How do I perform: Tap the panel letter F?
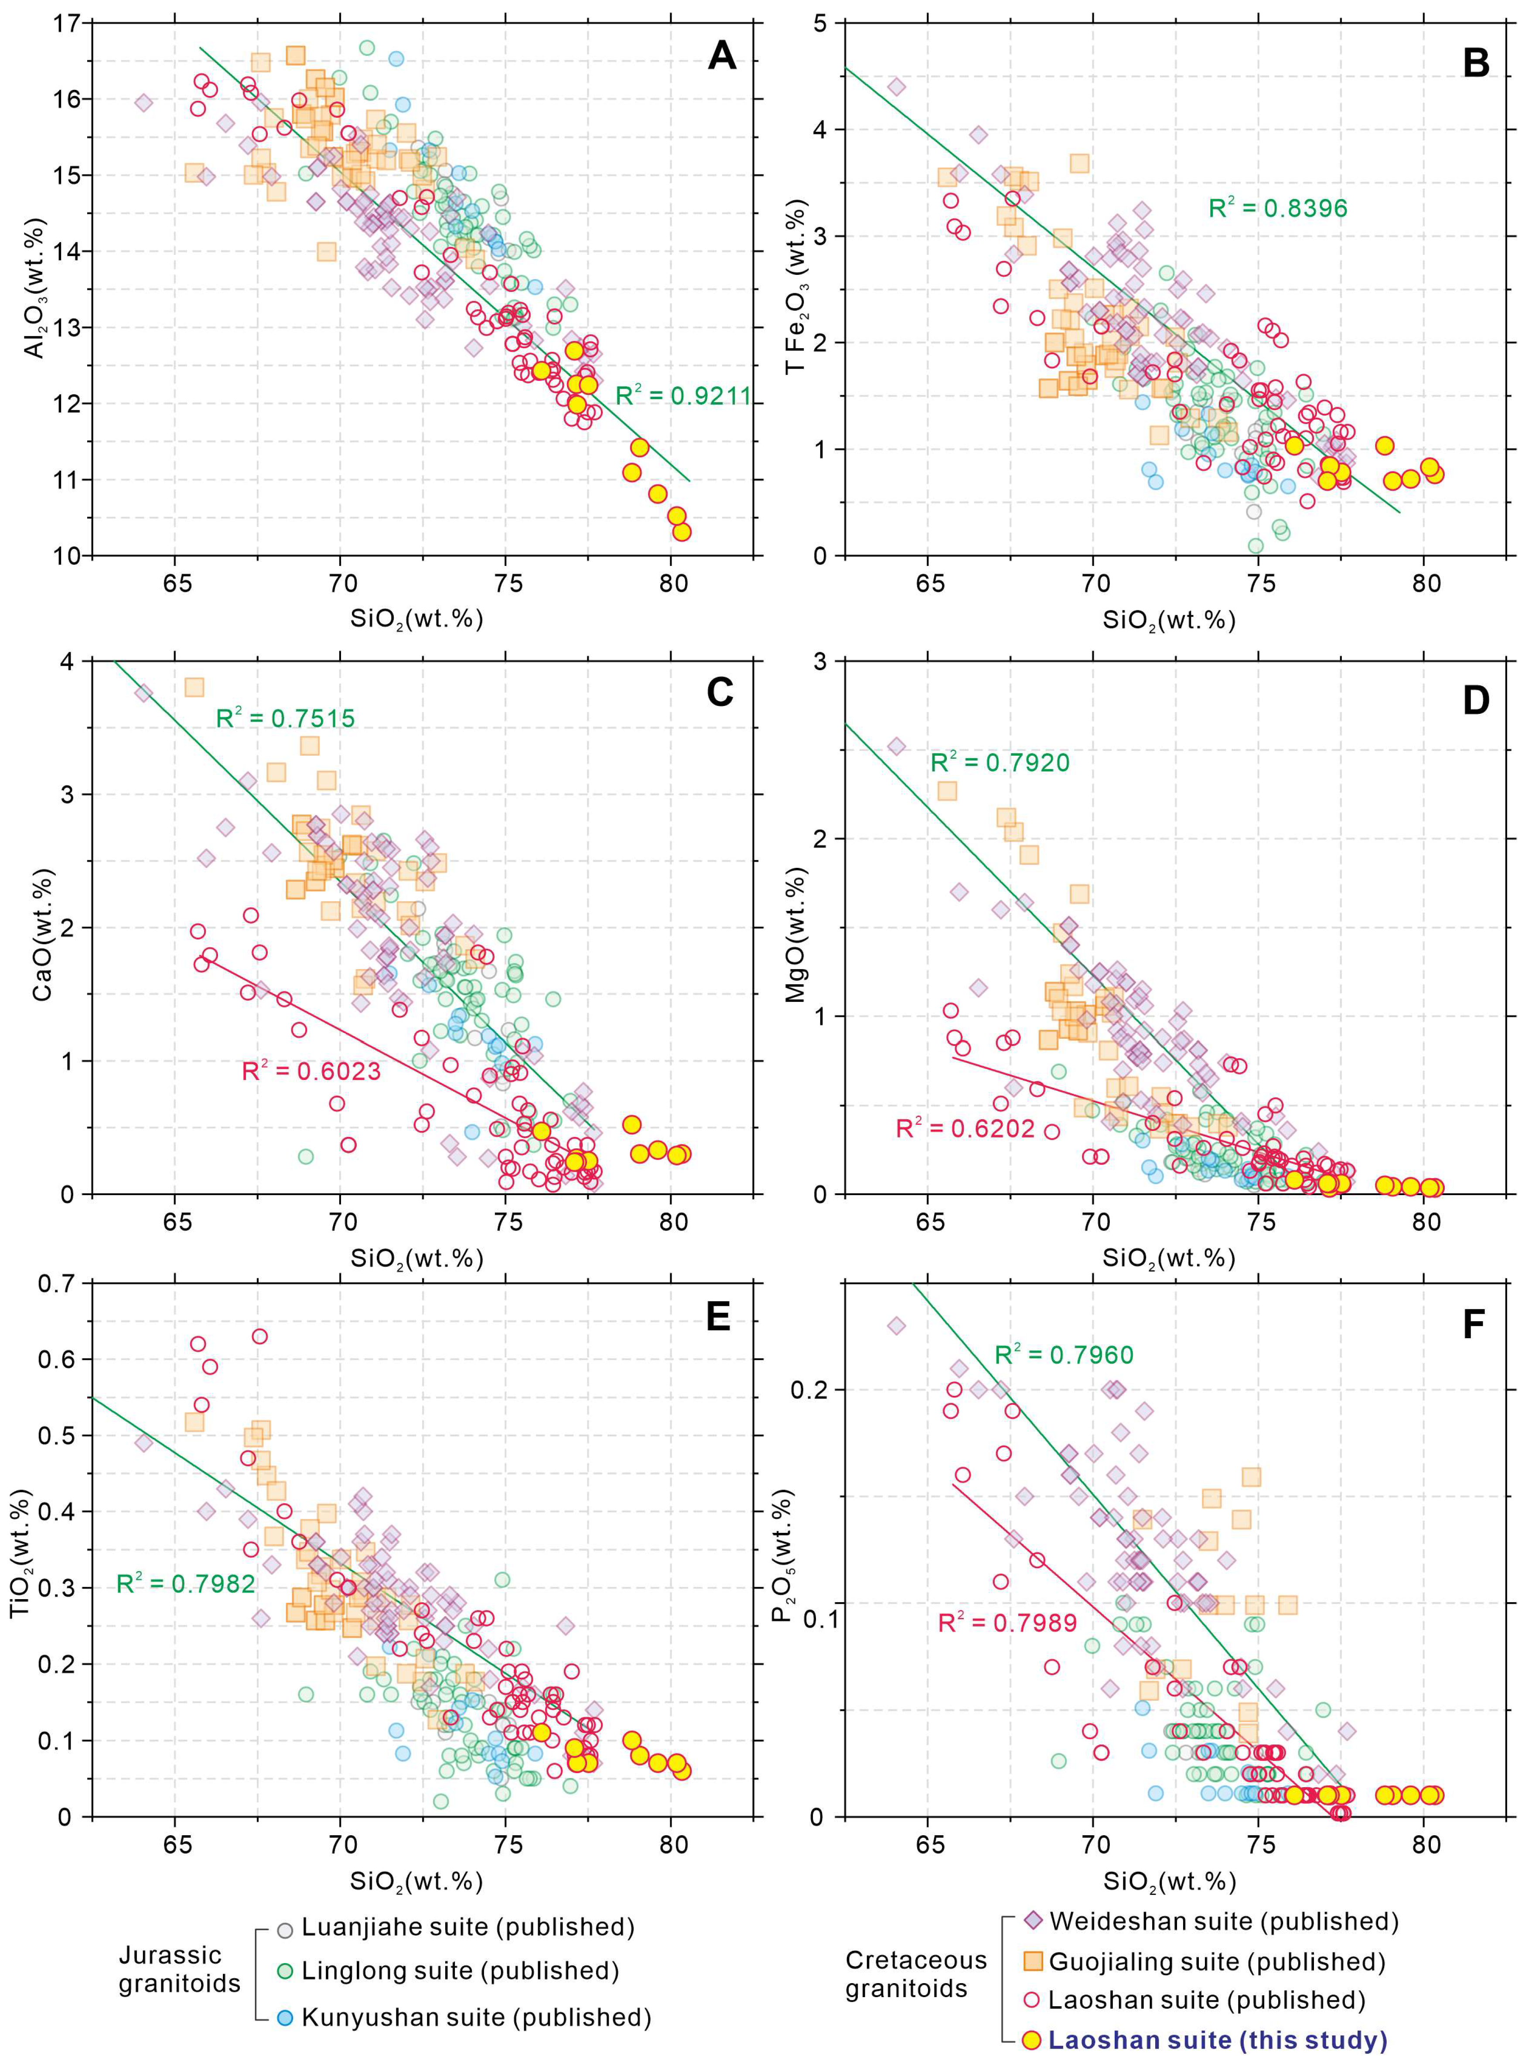point(1474,1325)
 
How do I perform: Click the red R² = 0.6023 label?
point(312,1072)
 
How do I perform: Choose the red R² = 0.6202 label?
point(966,1128)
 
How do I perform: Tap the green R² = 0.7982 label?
point(185,1583)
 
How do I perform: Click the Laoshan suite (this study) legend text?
point(1218,2040)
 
